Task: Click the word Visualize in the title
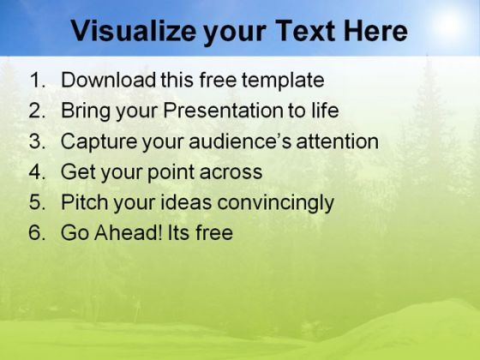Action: (134, 31)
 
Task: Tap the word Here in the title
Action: (375, 31)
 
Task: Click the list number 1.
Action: (38, 80)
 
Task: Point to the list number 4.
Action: (37, 171)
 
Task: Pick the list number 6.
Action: (37, 232)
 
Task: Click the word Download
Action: (108, 80)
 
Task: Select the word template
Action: (283, 81)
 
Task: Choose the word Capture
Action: (99, 142)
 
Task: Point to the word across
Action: (231, 172)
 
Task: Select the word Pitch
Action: (85, 202)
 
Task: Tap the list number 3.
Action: (37, 141)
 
